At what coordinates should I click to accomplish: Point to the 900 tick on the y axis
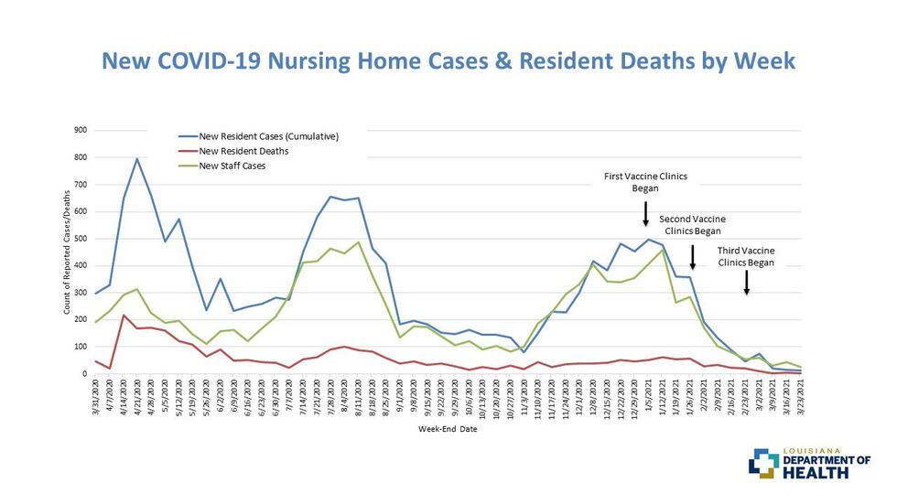click(x=81, y=130)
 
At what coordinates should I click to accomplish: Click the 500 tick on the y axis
click(x=81, y=239)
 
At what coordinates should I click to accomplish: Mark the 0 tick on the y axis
click(x=84, y=374)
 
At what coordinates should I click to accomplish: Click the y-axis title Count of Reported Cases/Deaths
click(x=66, y=252)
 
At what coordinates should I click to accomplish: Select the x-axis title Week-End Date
click(x=448, y=428)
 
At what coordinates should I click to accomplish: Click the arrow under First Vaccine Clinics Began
click(x=645, y=214)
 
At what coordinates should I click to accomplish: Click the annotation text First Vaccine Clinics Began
click(x=645, y=181)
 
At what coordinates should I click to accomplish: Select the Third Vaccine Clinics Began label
click(x=746, y=256)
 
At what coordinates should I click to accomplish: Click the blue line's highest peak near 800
click(x=137, y=159)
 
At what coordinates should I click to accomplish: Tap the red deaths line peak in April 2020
click(x=124, y=316)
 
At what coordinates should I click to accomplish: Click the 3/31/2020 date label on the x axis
click(x=96, y=399)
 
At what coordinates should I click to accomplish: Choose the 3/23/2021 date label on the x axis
click(x=801, y=399)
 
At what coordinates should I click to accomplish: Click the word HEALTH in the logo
click(x=827, y=473)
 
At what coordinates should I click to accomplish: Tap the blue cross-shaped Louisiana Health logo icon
click(x=762, y=463)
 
